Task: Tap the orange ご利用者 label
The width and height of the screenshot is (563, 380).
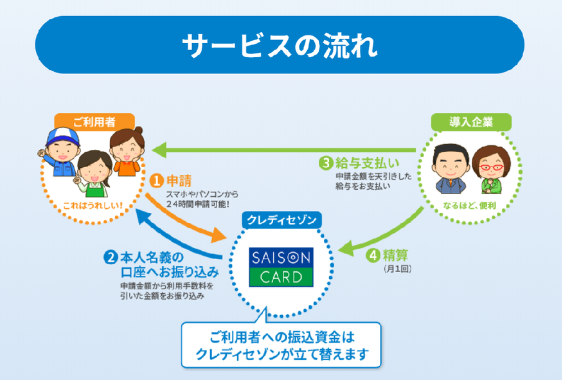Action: point(94,122)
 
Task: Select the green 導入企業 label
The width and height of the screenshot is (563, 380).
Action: point(471,122)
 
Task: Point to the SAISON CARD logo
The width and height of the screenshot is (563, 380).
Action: point(281,267)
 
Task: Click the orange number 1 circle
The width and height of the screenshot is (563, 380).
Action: point(156,181)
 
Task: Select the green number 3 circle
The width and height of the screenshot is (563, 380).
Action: point(326,162)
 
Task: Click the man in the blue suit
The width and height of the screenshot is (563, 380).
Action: point(447,168)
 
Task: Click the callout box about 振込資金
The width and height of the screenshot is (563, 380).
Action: point(281,345)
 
